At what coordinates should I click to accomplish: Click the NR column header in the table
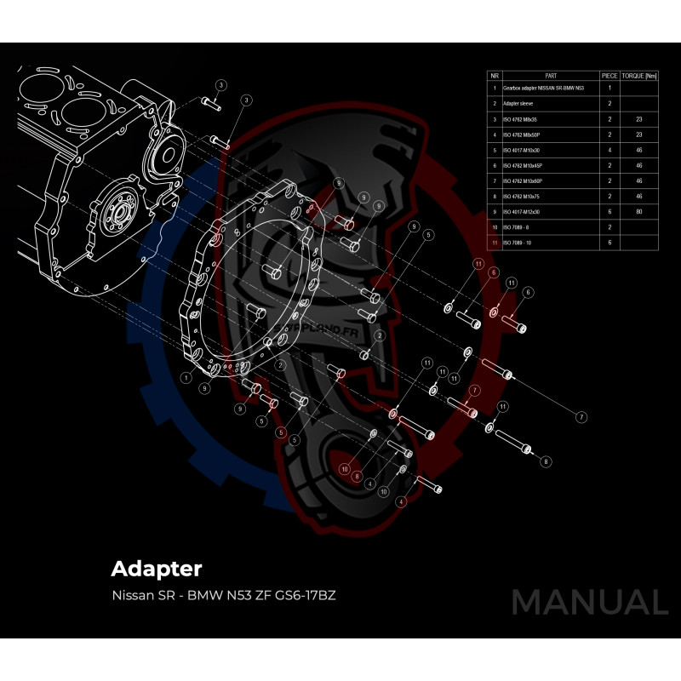pyautogui.click(x=494, y=76)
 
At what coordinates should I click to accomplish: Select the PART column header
pyautogui.click(x=550, y=76)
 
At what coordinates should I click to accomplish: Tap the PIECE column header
pyautogui.click(x=609, y=76)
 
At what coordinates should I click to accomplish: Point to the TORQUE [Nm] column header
pyautogui.click(x=639, y=76)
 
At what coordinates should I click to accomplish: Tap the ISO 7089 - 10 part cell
pyautogui.click(x=518, y=243)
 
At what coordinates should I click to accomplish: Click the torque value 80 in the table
pyautogui.click(x=638, y=212)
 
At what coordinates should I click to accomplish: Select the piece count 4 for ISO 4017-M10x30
pyautogui.click(x=609, y=150)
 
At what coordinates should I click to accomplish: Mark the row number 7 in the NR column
pyautogui.click(x=494, y=181)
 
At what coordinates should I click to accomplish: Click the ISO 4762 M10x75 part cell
pyautogui.click(x=522, y=197)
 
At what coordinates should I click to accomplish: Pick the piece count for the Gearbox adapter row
pyautogui.click(x=609, y=88)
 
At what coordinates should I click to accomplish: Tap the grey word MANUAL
pyautogui.click(x=589, y=602)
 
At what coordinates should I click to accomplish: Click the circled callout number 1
pyautogui.click(x=186, y=375)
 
